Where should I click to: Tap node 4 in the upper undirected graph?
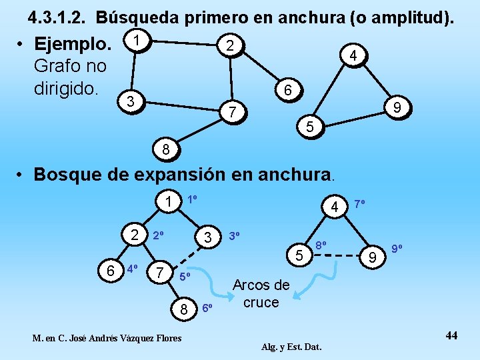354,57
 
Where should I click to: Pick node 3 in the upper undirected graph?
132,101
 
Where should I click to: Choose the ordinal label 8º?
321,245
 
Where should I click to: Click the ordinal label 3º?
235,236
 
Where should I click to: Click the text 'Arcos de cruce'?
261,294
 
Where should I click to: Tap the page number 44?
451,335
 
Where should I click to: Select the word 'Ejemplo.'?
73,45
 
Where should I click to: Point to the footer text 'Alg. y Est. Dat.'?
291,347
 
